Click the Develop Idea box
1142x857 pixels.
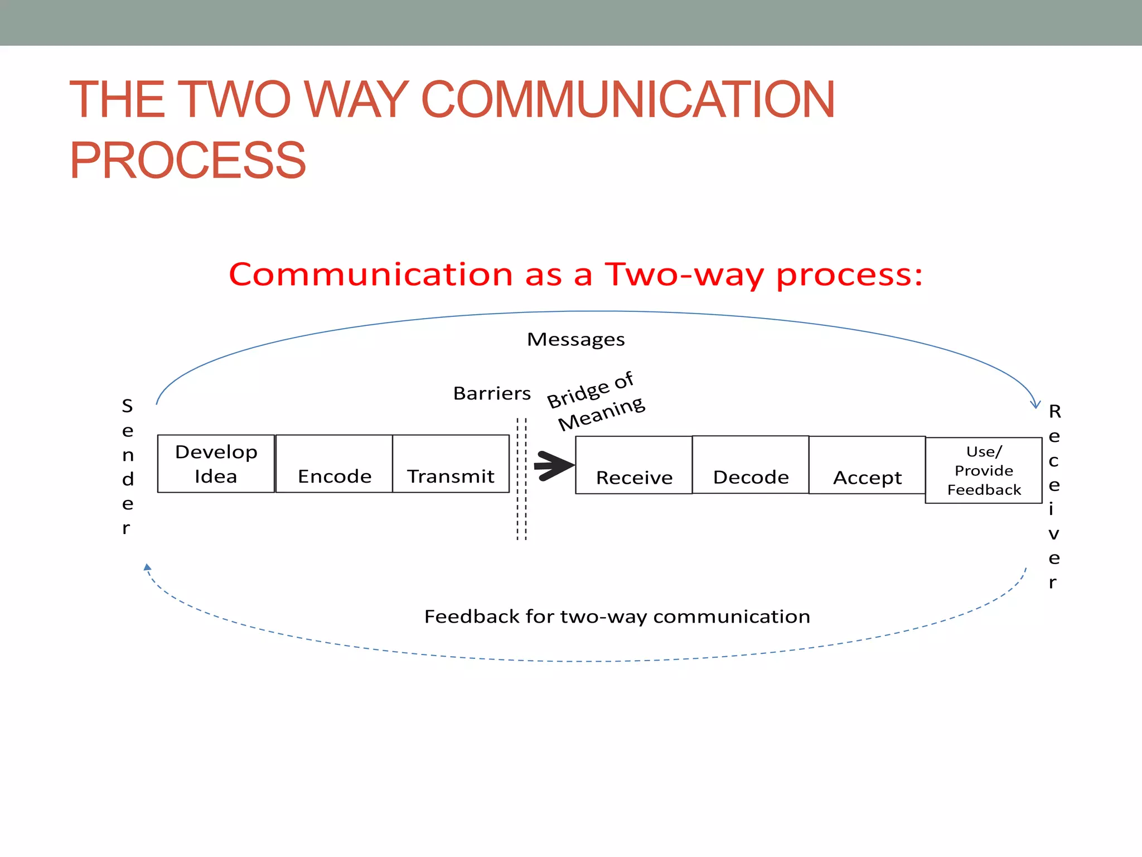[216, 464]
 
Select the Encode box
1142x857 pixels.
[334, 464]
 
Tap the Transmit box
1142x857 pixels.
[451, 464]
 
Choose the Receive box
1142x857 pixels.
[633, 465]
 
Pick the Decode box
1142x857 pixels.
[751, 465]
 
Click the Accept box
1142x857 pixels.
[867, 465]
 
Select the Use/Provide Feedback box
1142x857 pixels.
[984, 470]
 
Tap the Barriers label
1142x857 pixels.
[492, 393]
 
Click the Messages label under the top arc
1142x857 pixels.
[575, 339]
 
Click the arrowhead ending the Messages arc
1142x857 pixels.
[1035, 405]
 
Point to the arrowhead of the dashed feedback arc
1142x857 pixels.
[147, 567]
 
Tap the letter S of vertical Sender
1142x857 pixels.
[127, 406]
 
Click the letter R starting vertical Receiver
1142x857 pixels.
[1054, 412]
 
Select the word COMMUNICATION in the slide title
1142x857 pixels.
[628, 100]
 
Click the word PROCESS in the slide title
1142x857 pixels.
[187, 161]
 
